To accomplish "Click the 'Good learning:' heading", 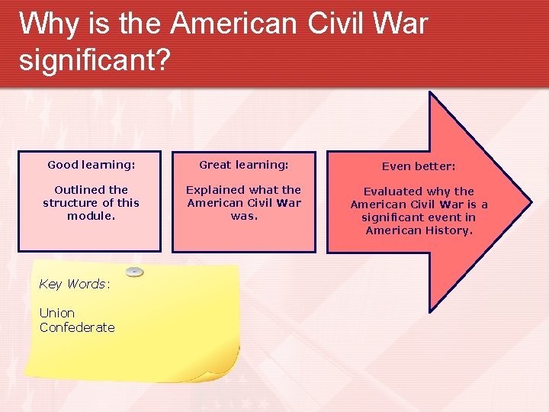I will click(x=91, y=165).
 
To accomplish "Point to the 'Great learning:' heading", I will click(x=244, y=165).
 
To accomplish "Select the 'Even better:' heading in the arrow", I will click(x=419, y=166).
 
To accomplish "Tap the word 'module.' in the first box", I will click(x=91, y=216).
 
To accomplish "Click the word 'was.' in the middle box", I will click(x=244, y=216).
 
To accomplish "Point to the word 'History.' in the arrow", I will click(x=446, y=230).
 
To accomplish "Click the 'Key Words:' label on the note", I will click(x=75, y=284).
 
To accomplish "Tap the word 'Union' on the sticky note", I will click(x=57, y=313).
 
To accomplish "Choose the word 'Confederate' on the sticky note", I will click(x=77, y=327).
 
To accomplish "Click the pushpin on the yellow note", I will click(x=134, y=272).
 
